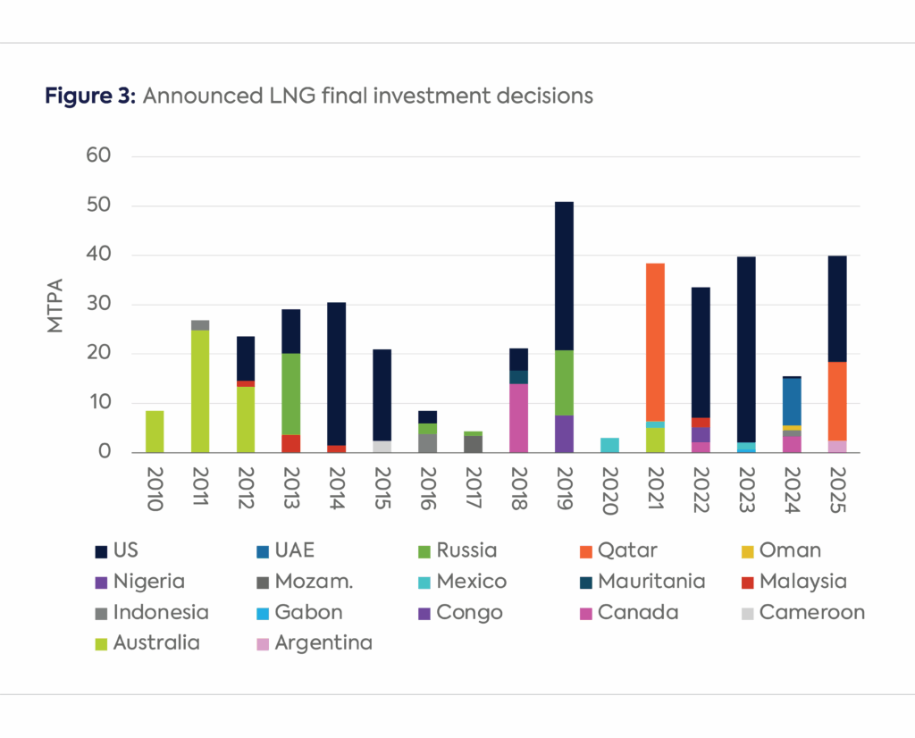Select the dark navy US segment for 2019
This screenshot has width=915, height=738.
(x=563, y=276)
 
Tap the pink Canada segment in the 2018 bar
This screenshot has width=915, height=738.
(x=517, y=418)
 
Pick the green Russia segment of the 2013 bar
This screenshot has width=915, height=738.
(x=290, y=394)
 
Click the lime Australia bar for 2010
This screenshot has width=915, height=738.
(x=155, y=432)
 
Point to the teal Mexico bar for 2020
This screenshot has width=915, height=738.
(x=609, y=445)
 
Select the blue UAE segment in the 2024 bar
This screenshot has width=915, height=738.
(x=791, y=401)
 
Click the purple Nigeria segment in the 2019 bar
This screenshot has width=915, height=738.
(x=563, y=434)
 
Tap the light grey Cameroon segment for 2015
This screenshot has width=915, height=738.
(x=382, y=447)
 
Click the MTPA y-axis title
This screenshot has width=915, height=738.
(x=56, y=304)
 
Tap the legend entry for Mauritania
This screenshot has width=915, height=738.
(x=651, y=582)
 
